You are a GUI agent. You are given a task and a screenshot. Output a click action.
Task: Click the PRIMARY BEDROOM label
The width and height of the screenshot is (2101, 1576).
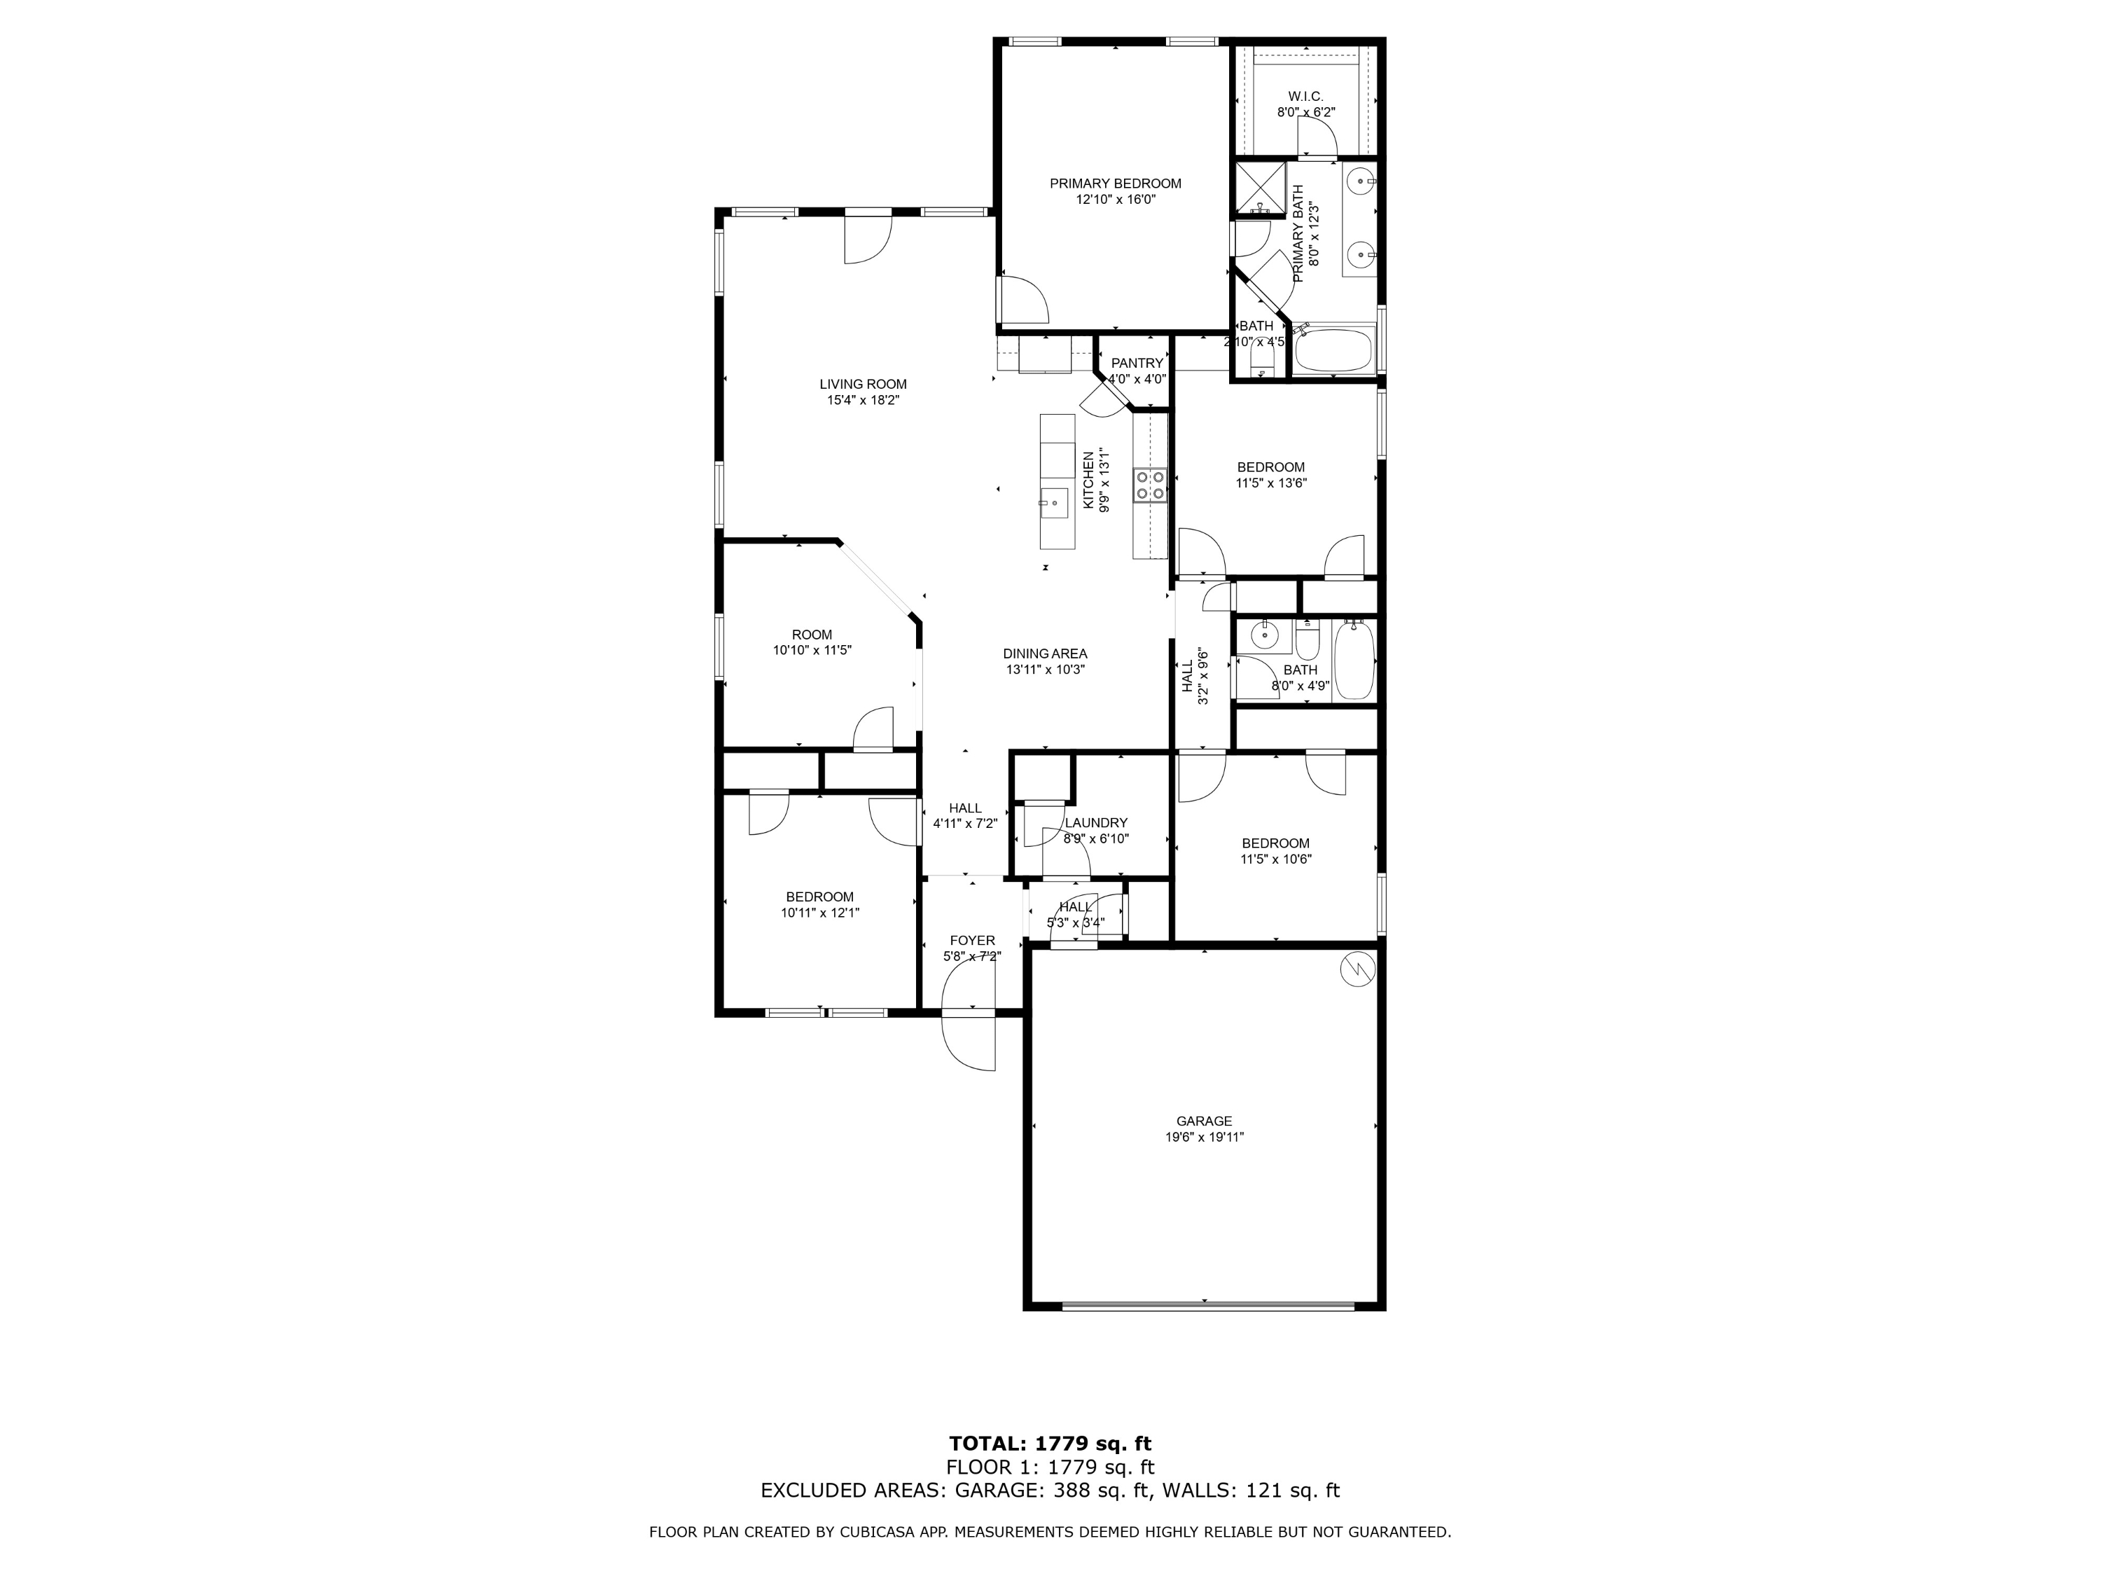[1115, 184]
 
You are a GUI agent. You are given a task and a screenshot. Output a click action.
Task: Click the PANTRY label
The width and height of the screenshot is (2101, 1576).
[1137, 363]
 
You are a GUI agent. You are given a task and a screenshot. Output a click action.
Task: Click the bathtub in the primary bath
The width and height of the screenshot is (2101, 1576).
[1336, 352]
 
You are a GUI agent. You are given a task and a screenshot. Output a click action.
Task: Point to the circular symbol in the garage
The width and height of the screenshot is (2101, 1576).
[1357, 969]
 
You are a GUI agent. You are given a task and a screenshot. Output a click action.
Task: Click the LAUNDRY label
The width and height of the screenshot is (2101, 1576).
[1096, 823]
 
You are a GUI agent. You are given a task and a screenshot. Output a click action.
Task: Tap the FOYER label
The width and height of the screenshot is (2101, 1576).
[973, 941]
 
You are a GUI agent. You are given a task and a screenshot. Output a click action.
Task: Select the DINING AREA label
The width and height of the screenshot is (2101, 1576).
[1045, 654]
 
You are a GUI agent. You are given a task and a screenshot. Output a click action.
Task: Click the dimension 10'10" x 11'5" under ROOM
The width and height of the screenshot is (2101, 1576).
[812, 651]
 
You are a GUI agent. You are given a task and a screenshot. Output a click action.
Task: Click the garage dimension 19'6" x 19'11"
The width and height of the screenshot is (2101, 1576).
[1205, 1137]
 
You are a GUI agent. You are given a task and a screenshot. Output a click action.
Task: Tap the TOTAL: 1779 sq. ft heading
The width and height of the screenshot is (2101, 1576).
[1050, 1444]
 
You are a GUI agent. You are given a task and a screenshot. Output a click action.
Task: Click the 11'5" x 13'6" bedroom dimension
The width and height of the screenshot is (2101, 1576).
[1271, 483]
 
